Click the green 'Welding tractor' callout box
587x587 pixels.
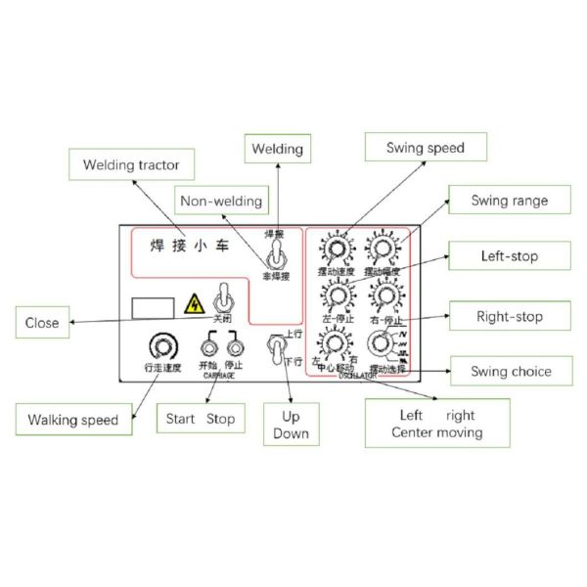point(131,163)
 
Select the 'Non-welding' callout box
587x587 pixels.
point(221,201)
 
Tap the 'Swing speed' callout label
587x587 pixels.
point(425,149)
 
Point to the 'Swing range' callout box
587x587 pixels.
point(509,201)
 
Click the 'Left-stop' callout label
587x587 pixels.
point(509,257)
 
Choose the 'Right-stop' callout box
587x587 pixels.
point(509,316)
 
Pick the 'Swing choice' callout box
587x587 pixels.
point(509,371)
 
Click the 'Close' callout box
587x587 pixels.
point(42,322)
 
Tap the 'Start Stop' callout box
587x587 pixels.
point(199,418)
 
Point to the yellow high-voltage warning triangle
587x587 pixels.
point(196,304)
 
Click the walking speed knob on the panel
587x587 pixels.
point(158,344)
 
